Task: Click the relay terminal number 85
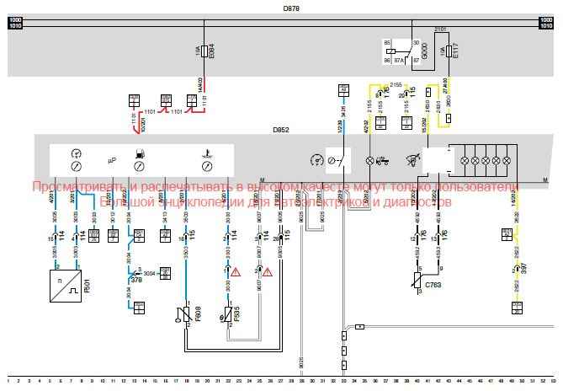click(388, 42)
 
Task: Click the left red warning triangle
click(236, 271)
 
